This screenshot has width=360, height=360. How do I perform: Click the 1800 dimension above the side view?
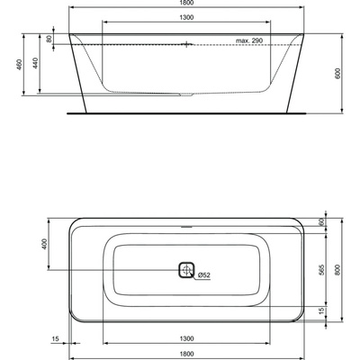tap(186, 3)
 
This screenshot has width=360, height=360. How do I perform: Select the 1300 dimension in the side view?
tap(186, 17)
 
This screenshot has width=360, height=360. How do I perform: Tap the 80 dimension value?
tap(49, 39)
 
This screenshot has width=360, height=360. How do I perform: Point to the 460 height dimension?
tap(19, 64)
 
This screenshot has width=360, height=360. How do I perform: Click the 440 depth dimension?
tap(35, 63)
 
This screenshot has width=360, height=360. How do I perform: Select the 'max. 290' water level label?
tap(249, 40)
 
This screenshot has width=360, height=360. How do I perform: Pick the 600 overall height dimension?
tap(338, 74)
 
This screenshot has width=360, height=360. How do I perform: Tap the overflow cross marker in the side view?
tap(186, 44)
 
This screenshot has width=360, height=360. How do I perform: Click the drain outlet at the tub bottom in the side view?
tap(186, 94)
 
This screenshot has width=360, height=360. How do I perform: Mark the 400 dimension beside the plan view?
tap(45, 244)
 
